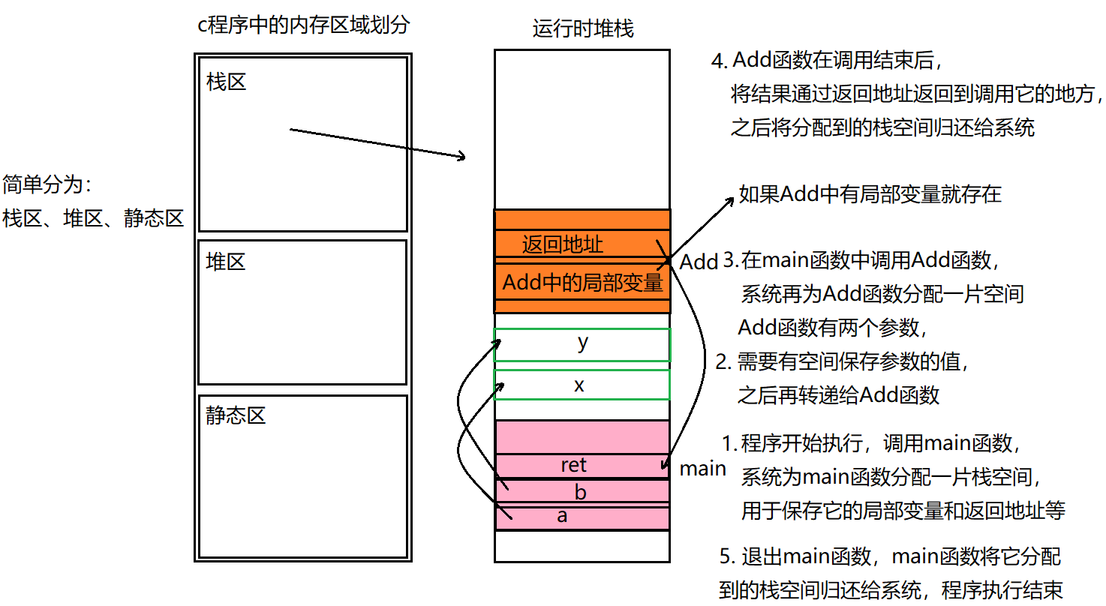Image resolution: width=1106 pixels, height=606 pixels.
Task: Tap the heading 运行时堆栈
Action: [x=583, y=28]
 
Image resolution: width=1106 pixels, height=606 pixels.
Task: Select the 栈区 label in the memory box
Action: [x=226, y=82]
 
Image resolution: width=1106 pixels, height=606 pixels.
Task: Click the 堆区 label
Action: [x=226, y=262]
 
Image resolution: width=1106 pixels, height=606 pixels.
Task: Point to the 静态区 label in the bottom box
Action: [x=236, y=415]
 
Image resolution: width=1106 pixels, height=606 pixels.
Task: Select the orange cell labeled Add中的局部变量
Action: [x=582, y=283]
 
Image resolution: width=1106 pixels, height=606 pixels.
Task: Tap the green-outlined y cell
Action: [x=582, y=343]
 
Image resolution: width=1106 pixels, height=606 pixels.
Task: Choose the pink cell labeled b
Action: [x=582, y=492]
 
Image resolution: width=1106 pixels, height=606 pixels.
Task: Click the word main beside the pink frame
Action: [x=703, y=469]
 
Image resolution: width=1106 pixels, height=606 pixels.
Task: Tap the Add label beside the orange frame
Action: [x=699, y=262]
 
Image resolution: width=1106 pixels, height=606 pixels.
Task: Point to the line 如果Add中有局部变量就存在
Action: [x=870, y=194]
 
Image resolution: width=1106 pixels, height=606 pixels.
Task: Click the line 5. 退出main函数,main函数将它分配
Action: [x=890, y=557]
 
